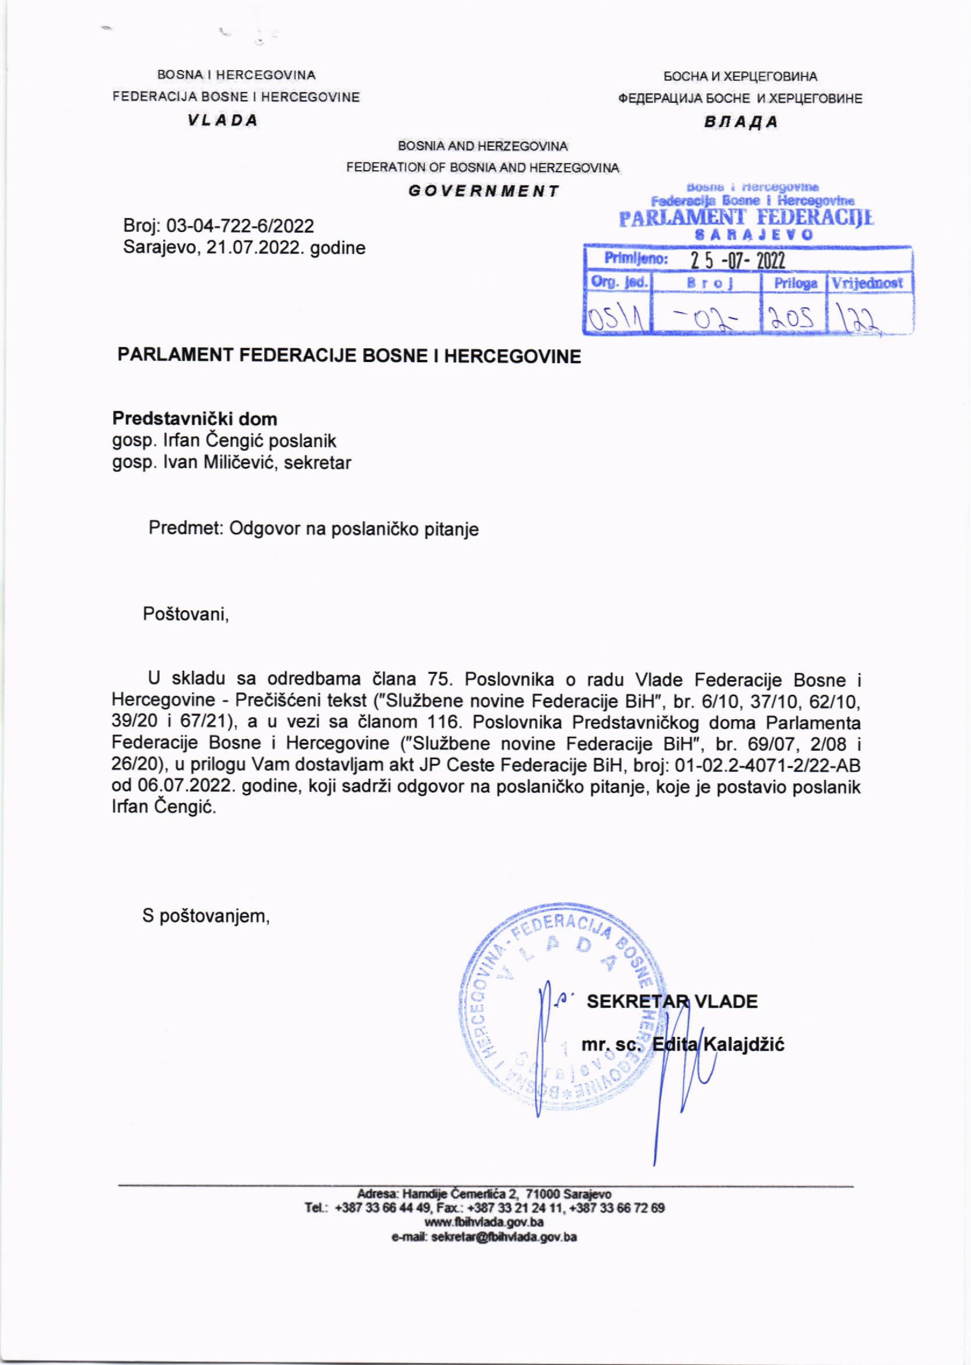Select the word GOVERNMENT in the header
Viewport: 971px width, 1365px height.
(x=483, y=191)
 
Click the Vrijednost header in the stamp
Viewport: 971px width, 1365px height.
(x=867, y=283)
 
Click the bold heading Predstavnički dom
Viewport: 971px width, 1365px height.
(x=195, y=419)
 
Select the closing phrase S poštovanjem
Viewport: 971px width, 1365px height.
(x=206, y=916)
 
